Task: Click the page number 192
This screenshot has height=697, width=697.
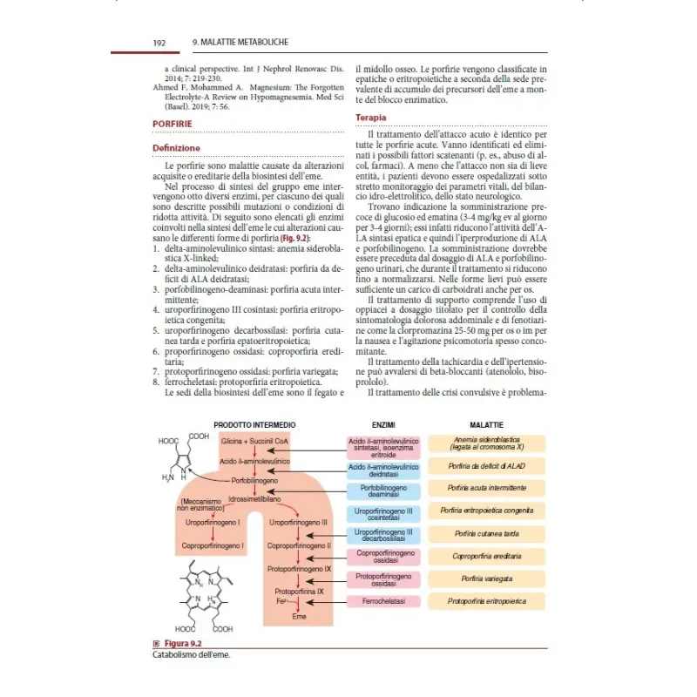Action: (159, 42)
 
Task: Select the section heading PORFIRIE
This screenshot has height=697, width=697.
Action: (173, 124)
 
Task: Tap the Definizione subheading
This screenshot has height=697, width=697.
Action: (176, 148)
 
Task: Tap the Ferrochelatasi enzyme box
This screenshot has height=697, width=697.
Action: (384, 601)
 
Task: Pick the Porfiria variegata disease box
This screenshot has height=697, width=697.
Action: (486, 579)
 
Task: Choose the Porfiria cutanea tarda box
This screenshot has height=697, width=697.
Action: (486, 533)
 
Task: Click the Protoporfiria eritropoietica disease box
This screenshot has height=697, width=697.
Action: (486, 601)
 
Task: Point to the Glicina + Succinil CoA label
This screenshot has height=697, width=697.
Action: (254, 442)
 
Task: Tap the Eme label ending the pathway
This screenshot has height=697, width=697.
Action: (299, 616)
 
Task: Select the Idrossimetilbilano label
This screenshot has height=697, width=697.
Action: (254, 499)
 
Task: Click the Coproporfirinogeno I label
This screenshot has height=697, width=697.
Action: (212, 545)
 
